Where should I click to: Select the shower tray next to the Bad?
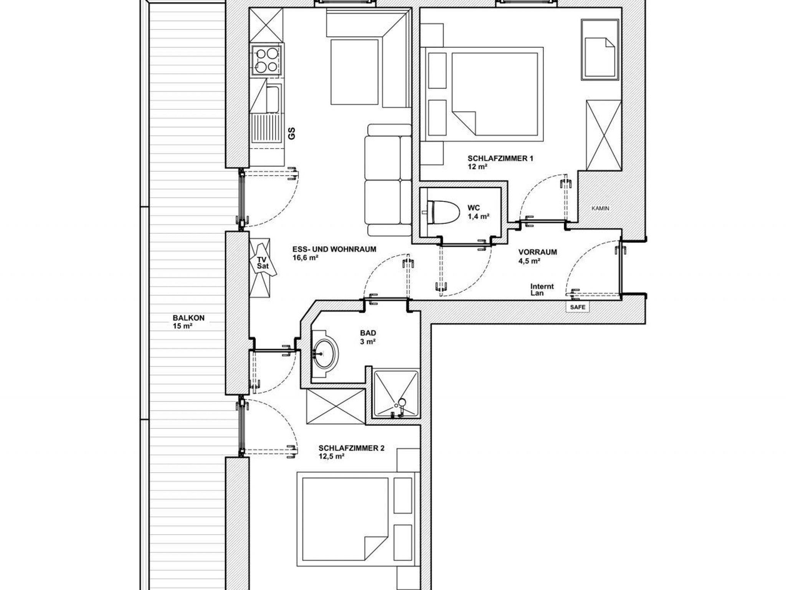pyautogui.click(x=396, y=394)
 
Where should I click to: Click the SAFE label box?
pyautogui.click(x=578, y=307)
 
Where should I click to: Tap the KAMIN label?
pyautogui.click(x=600, y=209)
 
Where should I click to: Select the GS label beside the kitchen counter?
pyautogui.click(x=292, y=133)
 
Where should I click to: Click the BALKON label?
pyautogui.click(x=188, y=318)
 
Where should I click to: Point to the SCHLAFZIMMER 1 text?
pyautogui.click(x=500, y=158)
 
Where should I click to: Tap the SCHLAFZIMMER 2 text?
pyautogui.click(x=351, y=448)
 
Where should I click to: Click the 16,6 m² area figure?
pyautogui.click(x=305, y=258)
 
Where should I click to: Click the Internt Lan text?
pyautogui.click(x=542, y=290)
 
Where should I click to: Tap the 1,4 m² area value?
pyautogui.click(x=478, y=216)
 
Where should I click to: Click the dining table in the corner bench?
pyautogui.click(x=354, y=72)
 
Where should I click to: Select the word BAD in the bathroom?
pyautogui.click(x=368, y=333)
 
